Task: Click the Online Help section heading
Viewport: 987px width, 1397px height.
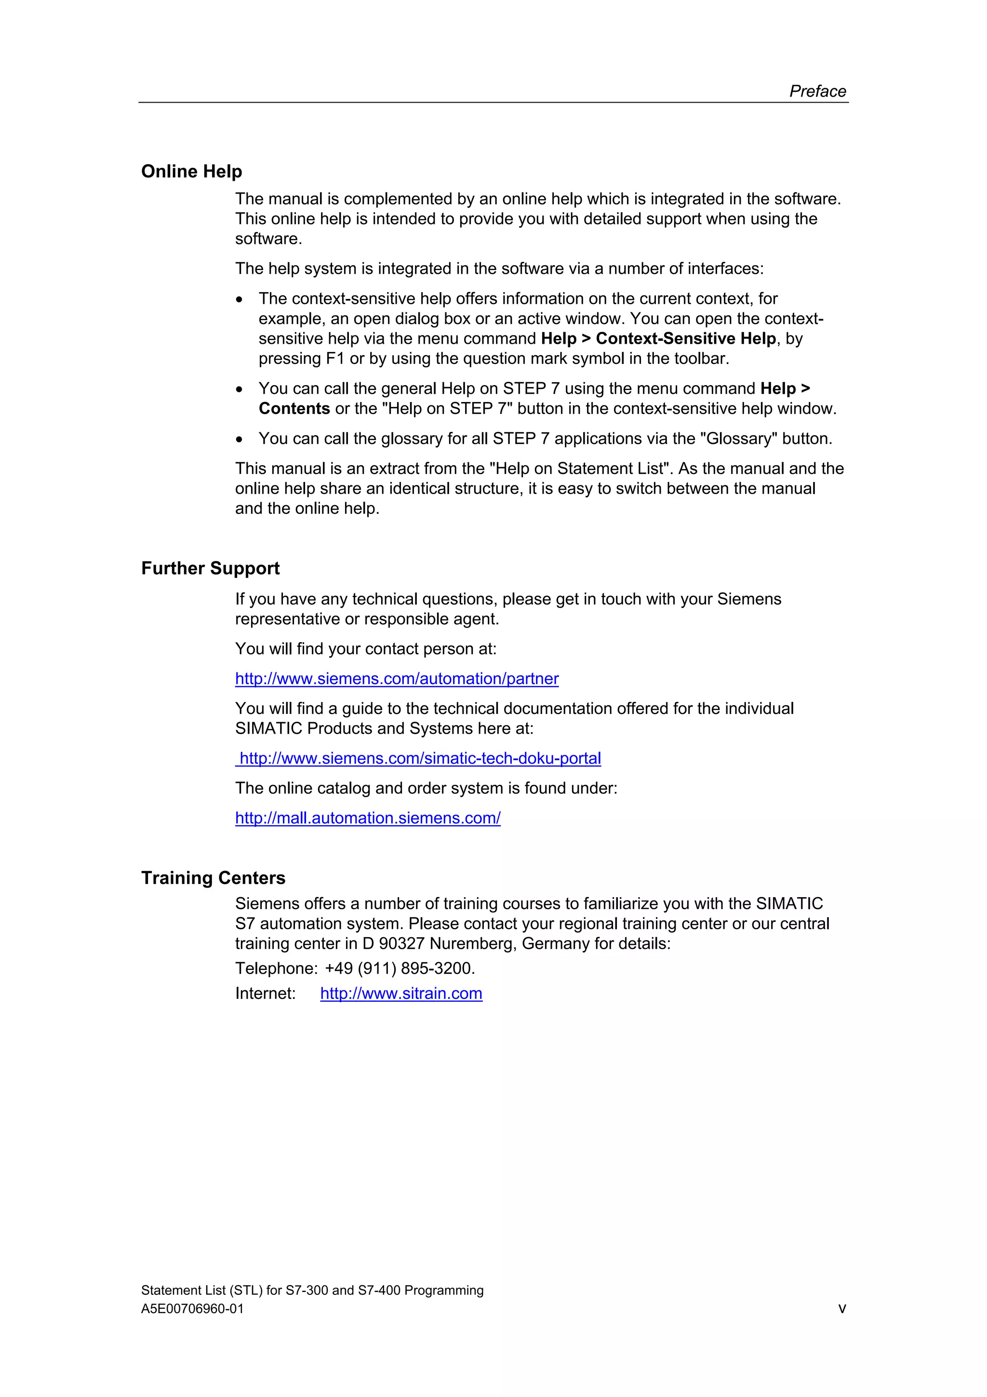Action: pos(191,172)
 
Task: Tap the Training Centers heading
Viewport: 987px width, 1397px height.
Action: pos(213,878)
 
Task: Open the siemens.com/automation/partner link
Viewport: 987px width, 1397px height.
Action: pos(397,679)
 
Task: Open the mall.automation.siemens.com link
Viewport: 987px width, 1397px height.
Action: pos(367,819)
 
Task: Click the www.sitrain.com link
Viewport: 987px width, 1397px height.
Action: pos(401,994)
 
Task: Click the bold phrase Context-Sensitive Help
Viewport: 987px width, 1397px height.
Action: pos(685,339)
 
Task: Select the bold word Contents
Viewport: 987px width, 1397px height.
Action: pos(294,409)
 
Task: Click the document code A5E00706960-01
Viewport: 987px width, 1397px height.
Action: pos(192,1309)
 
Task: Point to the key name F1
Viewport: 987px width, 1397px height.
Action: pos(334,359)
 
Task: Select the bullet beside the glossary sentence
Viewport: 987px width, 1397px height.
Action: pos(240,439)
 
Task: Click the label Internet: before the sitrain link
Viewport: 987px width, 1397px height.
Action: pos(265,994)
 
